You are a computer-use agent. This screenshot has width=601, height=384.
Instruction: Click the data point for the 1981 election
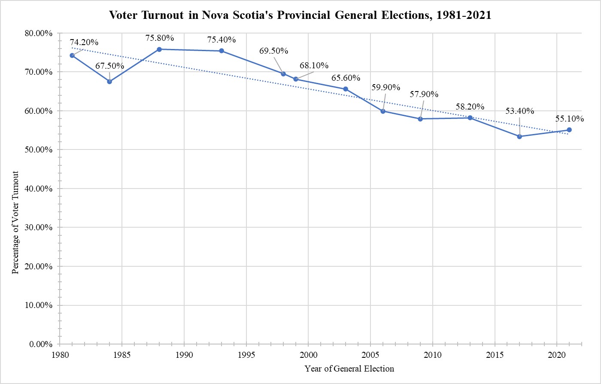click(72, 55)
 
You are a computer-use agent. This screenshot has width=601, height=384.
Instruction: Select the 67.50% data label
click(109, 66)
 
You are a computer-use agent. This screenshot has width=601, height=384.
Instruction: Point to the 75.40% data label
click(222, 40)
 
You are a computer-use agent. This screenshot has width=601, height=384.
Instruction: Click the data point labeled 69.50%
click(283, 74)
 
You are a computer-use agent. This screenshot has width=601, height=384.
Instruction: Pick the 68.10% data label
click(314, 66)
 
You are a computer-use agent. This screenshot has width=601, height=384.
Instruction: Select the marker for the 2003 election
click(346, 89)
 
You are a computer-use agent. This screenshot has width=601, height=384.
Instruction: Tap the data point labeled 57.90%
click(420, 119)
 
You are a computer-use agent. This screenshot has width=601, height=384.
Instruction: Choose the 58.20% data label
click(470, 107)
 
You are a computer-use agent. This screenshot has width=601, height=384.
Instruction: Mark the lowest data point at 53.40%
click(519, 137)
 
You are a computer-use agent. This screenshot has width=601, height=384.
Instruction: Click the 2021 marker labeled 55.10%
click(569, 130)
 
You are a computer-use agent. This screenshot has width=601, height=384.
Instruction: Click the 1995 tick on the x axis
click(246, 355)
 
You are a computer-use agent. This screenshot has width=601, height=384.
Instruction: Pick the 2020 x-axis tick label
click(557, 355)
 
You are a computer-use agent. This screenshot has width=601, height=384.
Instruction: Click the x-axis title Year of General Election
click(349, 369)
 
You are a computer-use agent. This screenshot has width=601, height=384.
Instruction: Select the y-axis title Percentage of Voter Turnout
click(15, 222)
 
